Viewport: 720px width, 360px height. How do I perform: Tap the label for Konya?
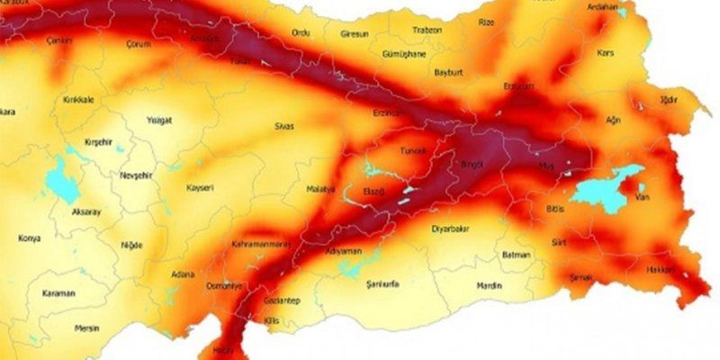click(x=29, y=238)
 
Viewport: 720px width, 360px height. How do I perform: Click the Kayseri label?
click(x=199, y=188)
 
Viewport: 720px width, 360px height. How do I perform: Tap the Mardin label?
click(x=490, y=287)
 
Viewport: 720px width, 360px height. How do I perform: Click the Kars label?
click(x=607, y=53)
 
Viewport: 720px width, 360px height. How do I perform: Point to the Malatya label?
click(x=319, y=190)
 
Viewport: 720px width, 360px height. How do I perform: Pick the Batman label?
click(x=516, y=256)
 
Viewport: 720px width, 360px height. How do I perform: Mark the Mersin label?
click(x=87, y=328)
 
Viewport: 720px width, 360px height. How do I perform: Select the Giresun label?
click(x=355, y=34)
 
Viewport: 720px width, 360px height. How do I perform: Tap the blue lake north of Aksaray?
click(x=61, y=180)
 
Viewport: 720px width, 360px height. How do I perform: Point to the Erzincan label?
click(x=388, y=113)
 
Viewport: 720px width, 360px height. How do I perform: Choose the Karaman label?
click(x=58, y=293)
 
